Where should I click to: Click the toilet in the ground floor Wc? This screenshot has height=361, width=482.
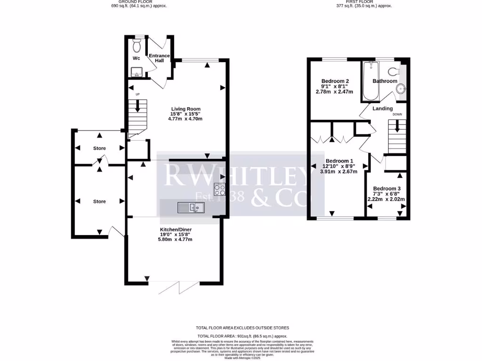click(137, 46)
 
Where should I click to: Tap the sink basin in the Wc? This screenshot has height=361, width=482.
click(137, 72)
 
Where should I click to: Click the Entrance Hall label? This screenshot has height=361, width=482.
click(159, 59)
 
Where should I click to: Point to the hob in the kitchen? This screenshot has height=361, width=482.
click(220, 189)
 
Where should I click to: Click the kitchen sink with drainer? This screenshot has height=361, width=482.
click(191, 207)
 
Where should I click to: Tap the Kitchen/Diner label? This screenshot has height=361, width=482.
click(175, 229)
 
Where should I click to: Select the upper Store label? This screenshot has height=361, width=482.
click(99, 148)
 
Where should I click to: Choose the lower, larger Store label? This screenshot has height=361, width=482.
click(99, 201)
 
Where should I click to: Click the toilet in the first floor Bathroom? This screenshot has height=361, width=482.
click(394, 71)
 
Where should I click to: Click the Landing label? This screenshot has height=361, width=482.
click(383, 109)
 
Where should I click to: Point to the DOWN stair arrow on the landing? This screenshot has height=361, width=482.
click(397, 126)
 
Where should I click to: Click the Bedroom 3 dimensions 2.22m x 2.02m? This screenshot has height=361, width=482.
click(386, 199)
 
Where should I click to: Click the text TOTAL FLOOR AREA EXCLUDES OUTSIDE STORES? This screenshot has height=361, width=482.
click(242, 328)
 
